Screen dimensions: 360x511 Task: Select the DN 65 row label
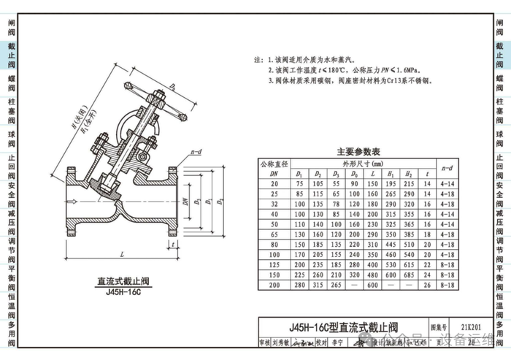click(274, 235)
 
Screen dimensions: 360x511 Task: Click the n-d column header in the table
click(449, 169)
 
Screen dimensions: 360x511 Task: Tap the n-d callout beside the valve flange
click(196, 153)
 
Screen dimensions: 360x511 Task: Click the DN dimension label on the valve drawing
click(187, 200)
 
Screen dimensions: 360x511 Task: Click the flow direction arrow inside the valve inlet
click(95, 201)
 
